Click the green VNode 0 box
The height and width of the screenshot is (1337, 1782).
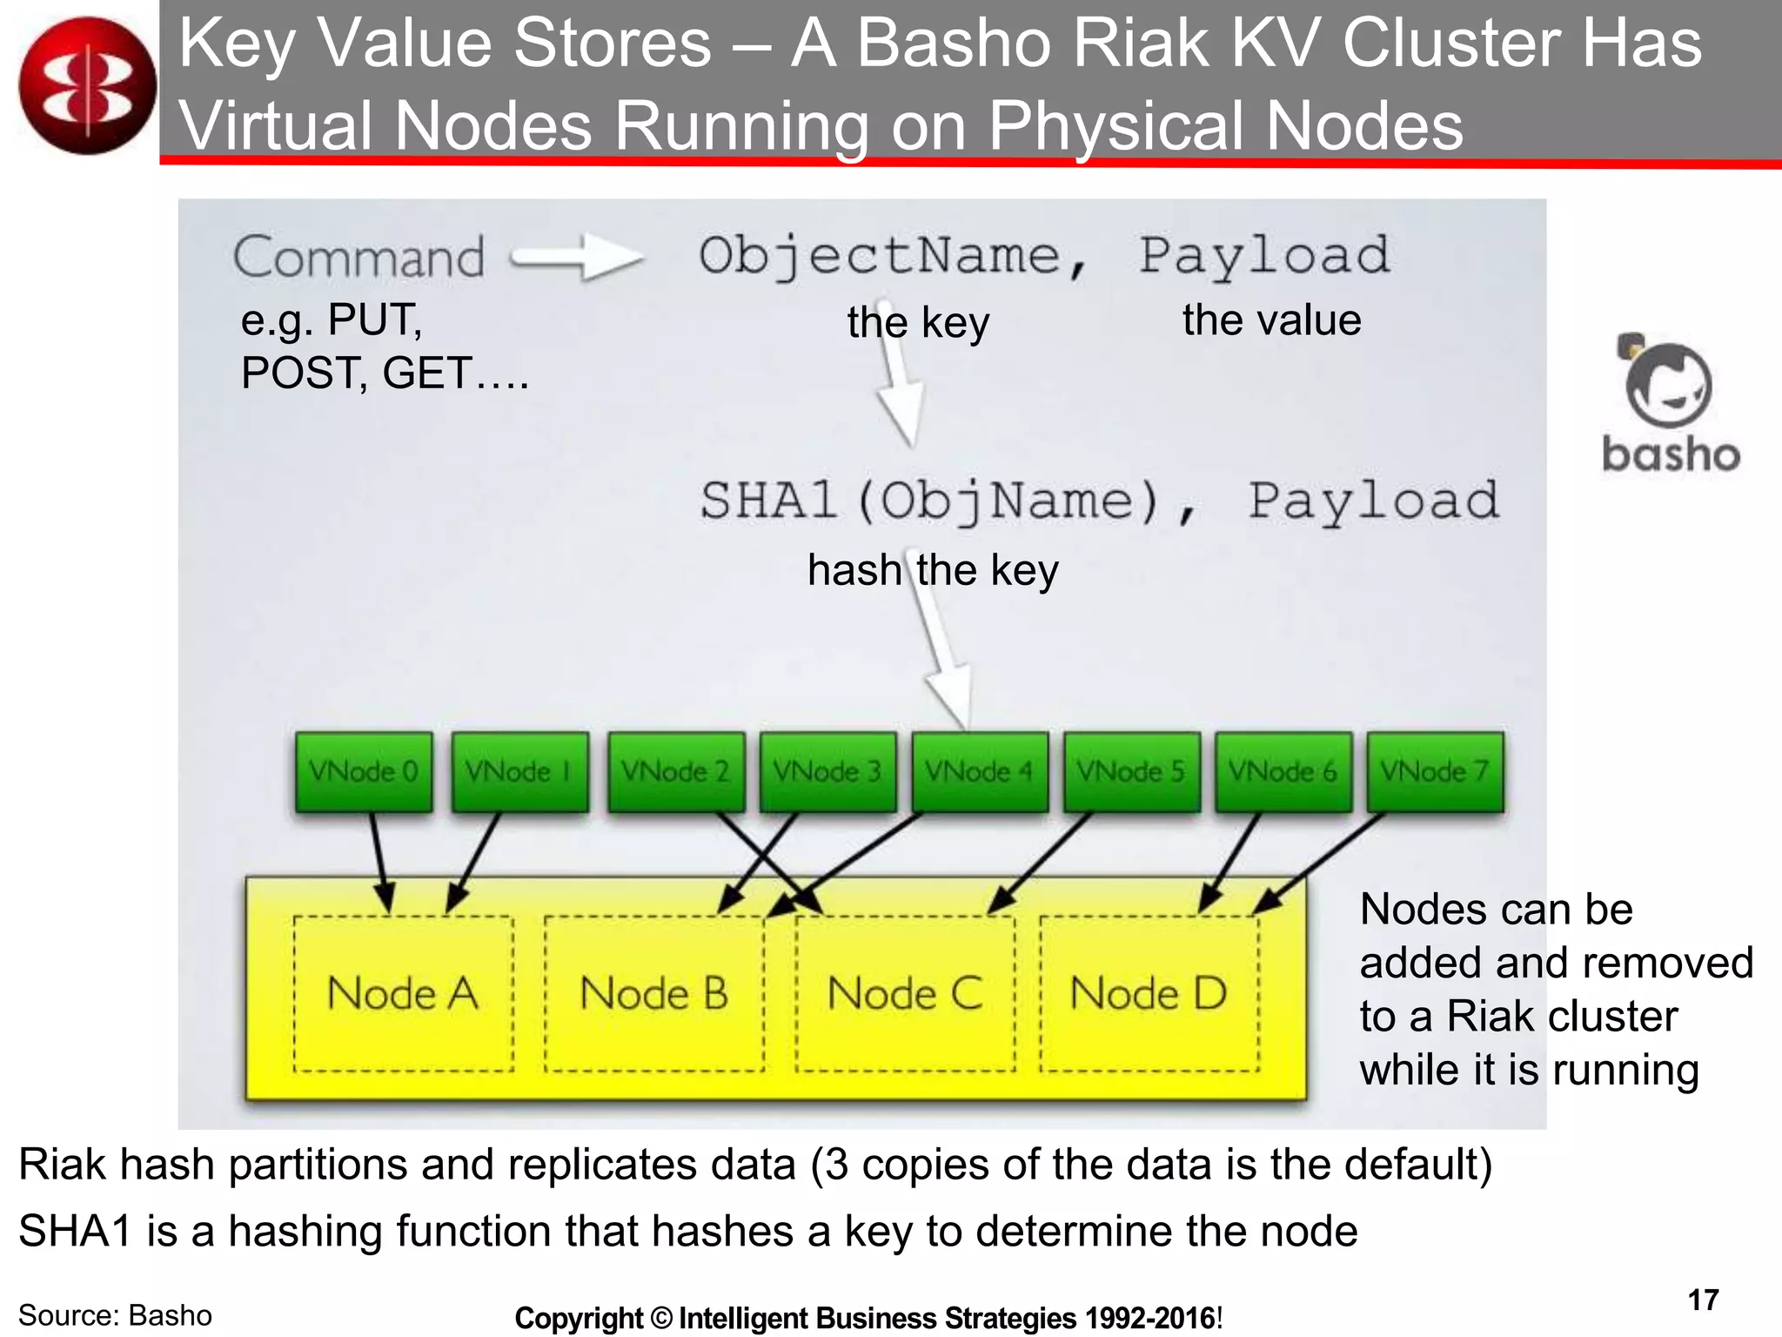pyautogui.click(x=364, y=772)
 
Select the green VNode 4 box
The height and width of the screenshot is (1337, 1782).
pyautogui.click(x=980, y=772)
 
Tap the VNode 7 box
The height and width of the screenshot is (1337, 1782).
pyautogui.click(x=1435, y=772)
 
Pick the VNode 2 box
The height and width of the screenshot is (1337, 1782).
pyautogui.click(x=676, y=772)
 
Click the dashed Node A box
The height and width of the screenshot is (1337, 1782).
pyautogui.click(x=403, y=993)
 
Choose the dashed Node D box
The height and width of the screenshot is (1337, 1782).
pyautogui.click(x=1149, y=993)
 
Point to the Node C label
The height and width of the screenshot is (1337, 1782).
pyautogui.click(x=905, y=993)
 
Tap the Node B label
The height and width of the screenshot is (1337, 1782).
pyautogui.click(x=654, y=993)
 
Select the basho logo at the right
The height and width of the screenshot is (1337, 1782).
pyautogui.click(x=1670, y=405)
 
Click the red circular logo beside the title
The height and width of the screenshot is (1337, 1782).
pyautogui.click(x=87, y=85)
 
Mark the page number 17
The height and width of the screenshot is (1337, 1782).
pyautogui.click(x=1703, y=1300)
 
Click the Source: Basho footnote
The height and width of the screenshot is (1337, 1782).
pyautogui.click(x=115, y=1315)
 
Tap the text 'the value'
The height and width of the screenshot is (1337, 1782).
pyautogui.click(x=1271, y=320)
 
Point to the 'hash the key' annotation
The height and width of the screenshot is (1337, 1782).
pyautogui.click(x=933, y=571)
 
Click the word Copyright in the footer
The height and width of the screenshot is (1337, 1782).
pyautogui.click(x=578, y=1318)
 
